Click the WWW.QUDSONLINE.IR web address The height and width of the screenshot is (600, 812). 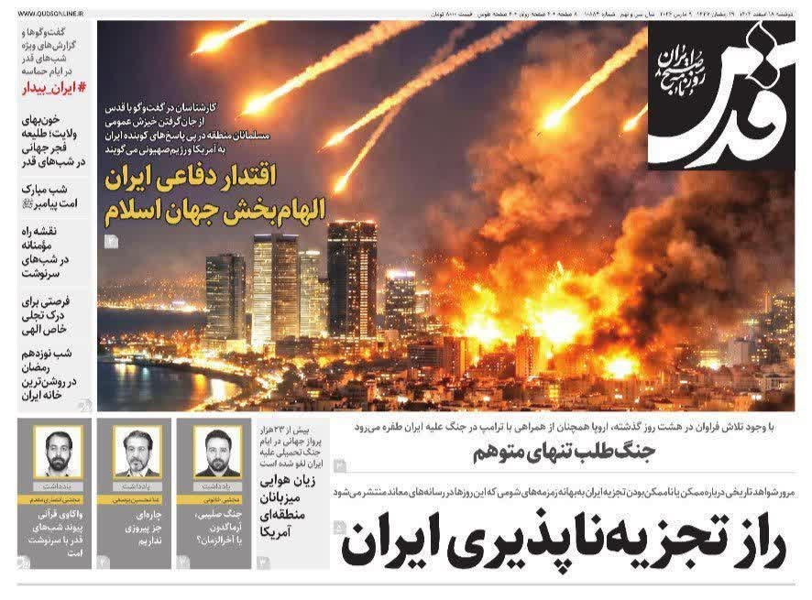click(x=48, y=14)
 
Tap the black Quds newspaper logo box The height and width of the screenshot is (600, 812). click(x=720, y=95)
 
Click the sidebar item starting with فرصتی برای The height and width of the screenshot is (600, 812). click(x=54, y=312)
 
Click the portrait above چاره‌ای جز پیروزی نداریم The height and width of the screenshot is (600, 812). click(x=137, y=450)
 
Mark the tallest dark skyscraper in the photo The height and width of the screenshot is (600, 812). click(x=352, y=279)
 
